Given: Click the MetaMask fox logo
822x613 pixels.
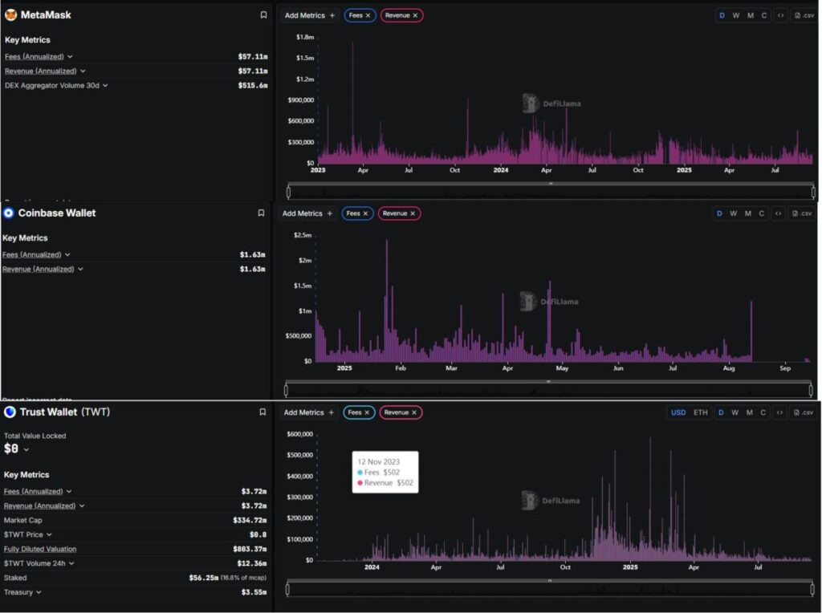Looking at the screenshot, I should click(x=10, y=14).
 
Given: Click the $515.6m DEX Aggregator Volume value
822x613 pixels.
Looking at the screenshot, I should click(x=252, y=85).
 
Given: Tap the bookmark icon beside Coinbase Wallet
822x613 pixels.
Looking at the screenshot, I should click(x=261, y=213).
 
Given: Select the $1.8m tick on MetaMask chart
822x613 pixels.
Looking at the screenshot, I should click(x=303, y=37).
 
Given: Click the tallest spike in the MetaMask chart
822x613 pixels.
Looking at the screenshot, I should click(x=352, y=43).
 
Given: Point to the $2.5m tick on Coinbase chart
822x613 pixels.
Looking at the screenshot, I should click(x=302, y=235).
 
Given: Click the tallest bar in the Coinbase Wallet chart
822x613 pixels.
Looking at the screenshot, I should click(x=386, y=242).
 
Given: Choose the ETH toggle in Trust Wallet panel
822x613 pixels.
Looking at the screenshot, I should click(x=701, y=412).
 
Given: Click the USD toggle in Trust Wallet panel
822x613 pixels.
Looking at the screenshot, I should click(x=678, y=412).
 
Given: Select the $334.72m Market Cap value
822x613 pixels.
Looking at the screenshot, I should click(x=250, y=521).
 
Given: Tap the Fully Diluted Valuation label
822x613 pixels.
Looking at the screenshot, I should click(x=40, y=550).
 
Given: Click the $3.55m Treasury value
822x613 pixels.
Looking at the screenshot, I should click(x=253, y=592).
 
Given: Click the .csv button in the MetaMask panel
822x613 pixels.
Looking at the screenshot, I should click(x=804, y=15).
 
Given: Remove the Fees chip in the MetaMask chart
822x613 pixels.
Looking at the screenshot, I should click(x=368, y=15).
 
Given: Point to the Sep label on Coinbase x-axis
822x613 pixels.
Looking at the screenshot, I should click(x=784, y=368).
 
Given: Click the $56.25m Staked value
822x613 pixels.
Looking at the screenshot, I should click(x=203, y=578).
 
